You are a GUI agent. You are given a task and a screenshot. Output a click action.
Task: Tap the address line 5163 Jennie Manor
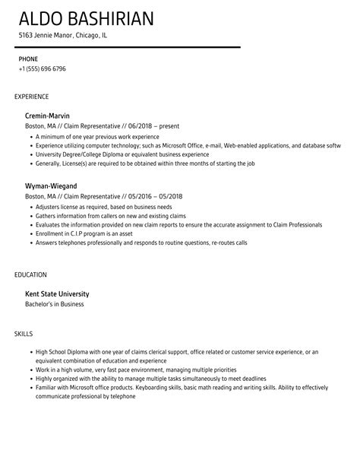(63, 36)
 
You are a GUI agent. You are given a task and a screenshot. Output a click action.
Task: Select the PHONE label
(28, 58)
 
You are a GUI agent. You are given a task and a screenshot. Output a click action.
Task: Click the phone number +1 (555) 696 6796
(42, 68)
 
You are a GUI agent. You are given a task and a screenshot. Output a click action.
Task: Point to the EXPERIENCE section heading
(32, 97)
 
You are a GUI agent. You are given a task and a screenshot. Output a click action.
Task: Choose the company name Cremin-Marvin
(53, 116)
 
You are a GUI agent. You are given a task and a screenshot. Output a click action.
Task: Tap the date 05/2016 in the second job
(140, 196)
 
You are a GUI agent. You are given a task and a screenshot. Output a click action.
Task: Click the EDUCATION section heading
(31, 274)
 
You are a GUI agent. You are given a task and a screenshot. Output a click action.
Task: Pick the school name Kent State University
(58, 293)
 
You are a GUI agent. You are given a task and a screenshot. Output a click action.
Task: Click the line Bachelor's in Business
(55, 304)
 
